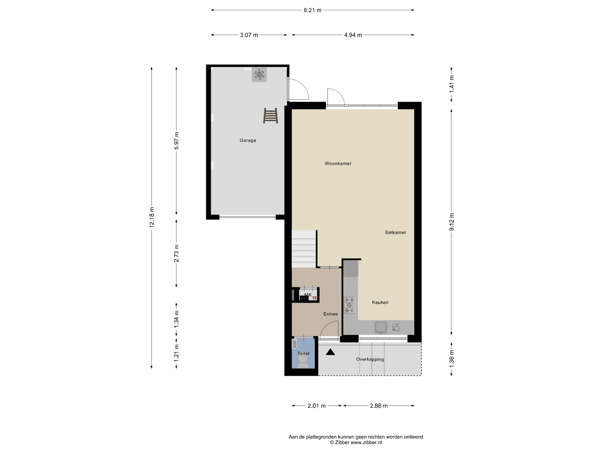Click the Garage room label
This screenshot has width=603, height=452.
[248, 141]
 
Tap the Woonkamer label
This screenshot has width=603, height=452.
[338, 164]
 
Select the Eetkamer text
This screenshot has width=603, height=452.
[396, 233]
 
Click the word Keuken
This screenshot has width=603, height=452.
[380, 303]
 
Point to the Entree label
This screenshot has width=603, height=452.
[331, 314]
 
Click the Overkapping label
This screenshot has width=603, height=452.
[370, 359]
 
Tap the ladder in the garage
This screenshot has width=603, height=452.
[270, 116]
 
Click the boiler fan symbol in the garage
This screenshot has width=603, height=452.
[259, 75]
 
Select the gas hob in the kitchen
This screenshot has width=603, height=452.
[350, 305]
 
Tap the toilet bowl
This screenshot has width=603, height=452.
[303, 360]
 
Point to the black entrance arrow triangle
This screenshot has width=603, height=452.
[330, 352]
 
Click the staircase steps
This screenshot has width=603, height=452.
[304, 249]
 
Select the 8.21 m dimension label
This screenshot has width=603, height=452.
[312, 10]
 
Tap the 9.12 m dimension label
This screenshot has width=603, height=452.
[452, 222]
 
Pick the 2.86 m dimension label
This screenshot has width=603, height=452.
[379, 406]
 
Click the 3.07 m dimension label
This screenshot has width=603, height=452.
[249, 35]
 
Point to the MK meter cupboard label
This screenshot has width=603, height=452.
[308, 295]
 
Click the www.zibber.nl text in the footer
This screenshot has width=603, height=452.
[366, 443]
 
